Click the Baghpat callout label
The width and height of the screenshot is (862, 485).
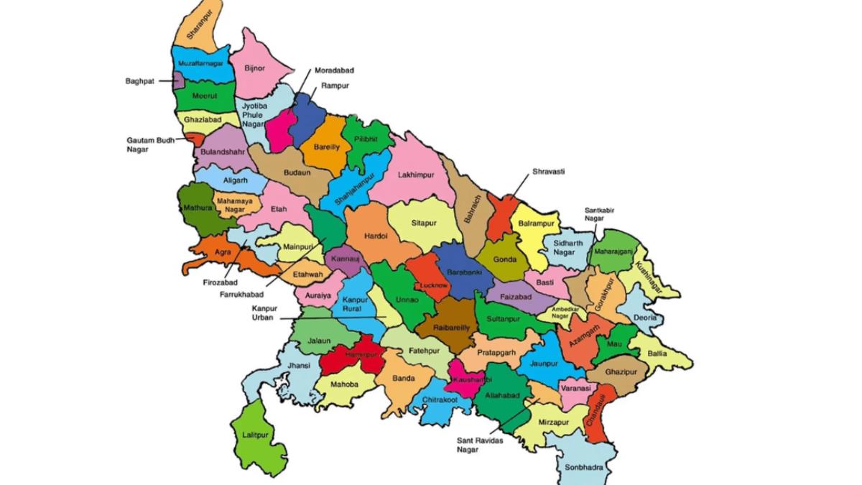[x=139, y=81]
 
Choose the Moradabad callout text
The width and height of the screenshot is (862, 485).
[x=334, y=71]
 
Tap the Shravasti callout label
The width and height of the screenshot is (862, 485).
[x=549, y=172]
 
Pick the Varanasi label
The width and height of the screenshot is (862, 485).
[x=575, y=388]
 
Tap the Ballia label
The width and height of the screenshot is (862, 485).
[x=657, y=354]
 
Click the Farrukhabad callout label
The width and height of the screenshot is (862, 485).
[x=242, y=295]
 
